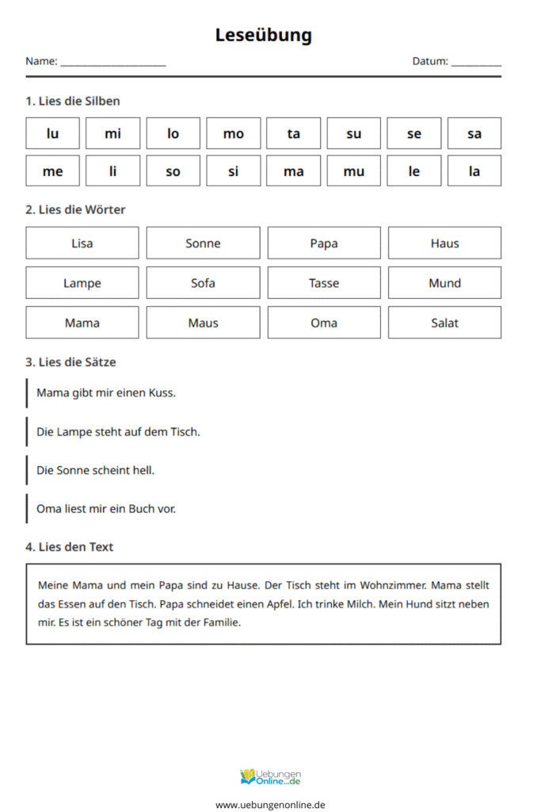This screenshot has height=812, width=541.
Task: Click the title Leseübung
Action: point(264,35)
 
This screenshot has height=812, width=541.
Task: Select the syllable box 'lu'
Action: point(52,133)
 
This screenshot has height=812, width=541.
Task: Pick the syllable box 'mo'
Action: point(233,133)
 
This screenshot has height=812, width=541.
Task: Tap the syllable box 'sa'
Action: point(474,133)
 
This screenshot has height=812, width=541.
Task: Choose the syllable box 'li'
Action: point(112,170)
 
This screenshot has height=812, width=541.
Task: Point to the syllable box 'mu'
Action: point(353,170)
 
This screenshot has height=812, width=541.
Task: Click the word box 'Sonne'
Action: point(203,243)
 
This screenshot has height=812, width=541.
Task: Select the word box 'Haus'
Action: point(444,243)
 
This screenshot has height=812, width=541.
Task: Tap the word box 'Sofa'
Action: point(203,282)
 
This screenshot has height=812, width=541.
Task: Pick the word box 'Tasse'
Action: point(323,282)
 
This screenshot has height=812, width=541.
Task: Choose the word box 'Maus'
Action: point(203,322)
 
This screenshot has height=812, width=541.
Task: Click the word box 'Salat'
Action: point(444,322)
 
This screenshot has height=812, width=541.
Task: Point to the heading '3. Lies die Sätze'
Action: point(70,362)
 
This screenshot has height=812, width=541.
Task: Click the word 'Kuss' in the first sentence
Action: point(162,393)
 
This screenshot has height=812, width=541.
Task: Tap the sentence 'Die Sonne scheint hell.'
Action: point(95,470)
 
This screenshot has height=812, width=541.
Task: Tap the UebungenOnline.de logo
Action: point(270,776)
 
